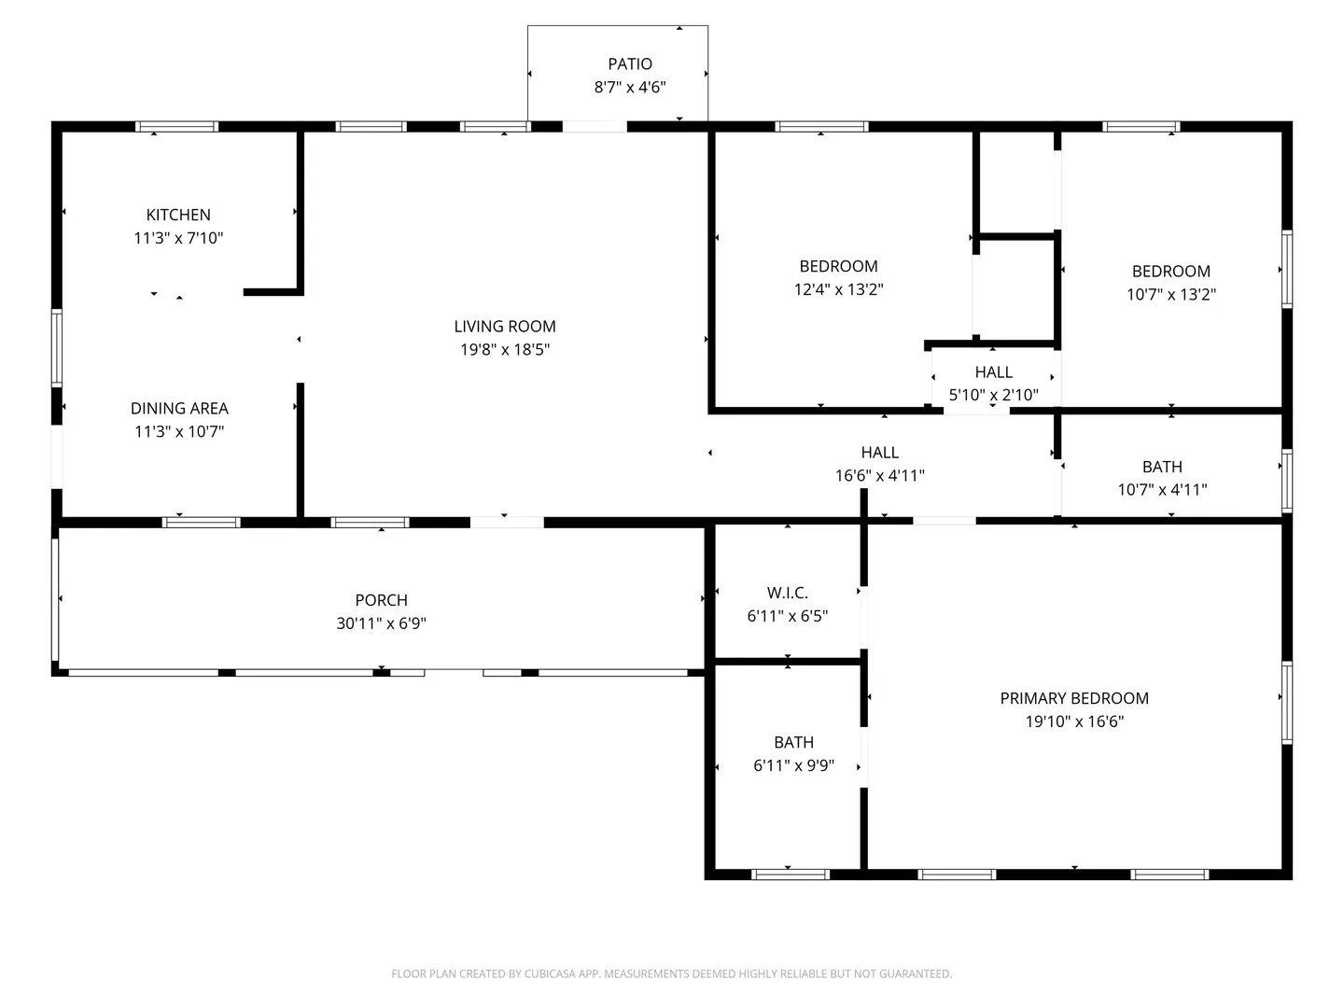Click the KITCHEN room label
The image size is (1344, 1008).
178,215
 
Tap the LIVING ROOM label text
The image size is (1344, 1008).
505,327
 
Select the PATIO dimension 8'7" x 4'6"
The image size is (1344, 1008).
629,87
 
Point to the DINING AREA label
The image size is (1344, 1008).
179,408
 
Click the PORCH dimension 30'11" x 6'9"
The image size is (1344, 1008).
381,623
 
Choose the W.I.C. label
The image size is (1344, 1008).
788,593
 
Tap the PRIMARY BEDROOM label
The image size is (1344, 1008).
1074,698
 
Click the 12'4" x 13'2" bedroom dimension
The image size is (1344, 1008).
838,289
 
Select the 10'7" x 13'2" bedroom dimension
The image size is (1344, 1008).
1170,294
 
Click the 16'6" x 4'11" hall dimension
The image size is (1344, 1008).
879,476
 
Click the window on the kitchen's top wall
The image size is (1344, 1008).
176,127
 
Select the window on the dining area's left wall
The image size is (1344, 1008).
56,347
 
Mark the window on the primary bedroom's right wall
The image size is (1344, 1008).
1287,703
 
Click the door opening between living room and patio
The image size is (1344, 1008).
594,127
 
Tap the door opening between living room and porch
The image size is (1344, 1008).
507,523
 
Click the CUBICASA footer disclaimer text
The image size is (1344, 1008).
672,973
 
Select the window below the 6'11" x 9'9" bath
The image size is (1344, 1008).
790,875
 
